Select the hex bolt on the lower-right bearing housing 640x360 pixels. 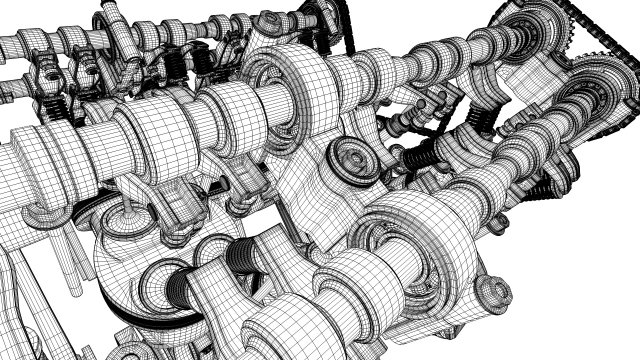pyautogui.click(x=492, y=291)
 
